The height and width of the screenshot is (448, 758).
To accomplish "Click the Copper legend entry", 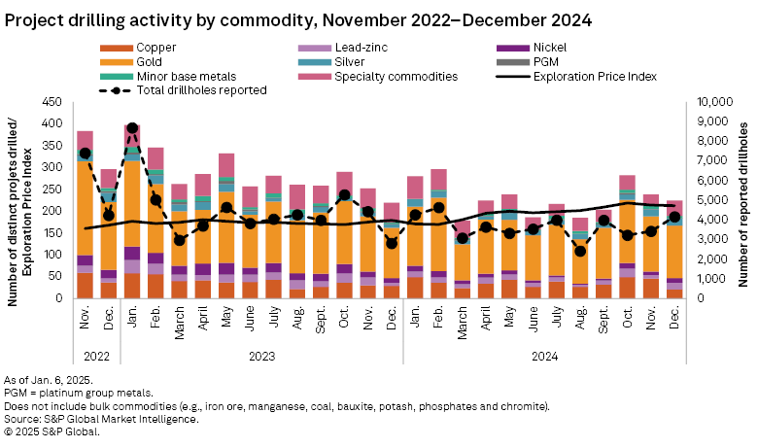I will [x=155, y=47].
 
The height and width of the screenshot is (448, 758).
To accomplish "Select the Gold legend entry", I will [x=150, y=61].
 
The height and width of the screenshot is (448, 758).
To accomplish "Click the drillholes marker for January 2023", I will [x=132, y=128].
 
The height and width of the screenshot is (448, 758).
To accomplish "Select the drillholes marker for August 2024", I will [x=580, y=251].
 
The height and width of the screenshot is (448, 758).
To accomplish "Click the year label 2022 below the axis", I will [x=97, y=355].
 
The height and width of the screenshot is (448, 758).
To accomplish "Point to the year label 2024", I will [x=544, y=355].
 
